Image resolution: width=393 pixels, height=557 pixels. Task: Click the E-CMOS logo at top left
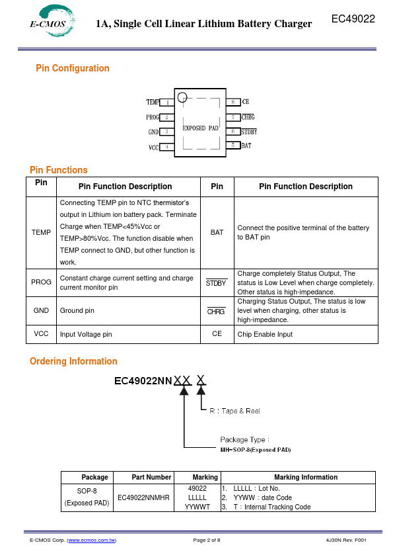(52, 21)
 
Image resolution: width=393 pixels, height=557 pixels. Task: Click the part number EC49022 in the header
(353, 19)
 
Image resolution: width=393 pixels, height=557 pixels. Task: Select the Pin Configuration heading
(73, 68)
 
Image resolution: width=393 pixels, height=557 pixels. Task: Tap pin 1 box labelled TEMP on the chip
(166, 103)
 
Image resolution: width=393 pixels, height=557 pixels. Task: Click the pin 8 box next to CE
(233, 102)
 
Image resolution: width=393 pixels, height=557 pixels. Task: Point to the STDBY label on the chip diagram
(249, 132)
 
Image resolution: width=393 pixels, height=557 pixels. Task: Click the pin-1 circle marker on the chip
(182, 97)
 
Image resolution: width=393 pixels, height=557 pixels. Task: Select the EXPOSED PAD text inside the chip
(200, 128)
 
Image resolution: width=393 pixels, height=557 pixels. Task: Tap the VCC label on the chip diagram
(154, 148)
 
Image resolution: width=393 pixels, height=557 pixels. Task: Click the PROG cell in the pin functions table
(41, 282)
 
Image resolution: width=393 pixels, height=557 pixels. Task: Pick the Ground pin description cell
(128, 310)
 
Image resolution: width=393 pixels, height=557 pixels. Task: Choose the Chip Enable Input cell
(306, 334)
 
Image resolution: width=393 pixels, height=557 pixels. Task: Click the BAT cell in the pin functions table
(217, 232)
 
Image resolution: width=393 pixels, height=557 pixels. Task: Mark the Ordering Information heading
(73, 361)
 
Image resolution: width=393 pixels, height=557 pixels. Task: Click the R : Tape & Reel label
(234, 411)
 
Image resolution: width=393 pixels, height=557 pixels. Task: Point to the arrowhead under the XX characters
(184, 390)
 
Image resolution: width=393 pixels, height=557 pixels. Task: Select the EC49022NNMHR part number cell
(143, 497)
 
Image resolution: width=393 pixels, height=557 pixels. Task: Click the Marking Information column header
(306, 477)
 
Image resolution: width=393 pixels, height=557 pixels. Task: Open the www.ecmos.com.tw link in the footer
(92, 540)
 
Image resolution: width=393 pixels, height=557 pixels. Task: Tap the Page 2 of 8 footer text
(207, 540)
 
